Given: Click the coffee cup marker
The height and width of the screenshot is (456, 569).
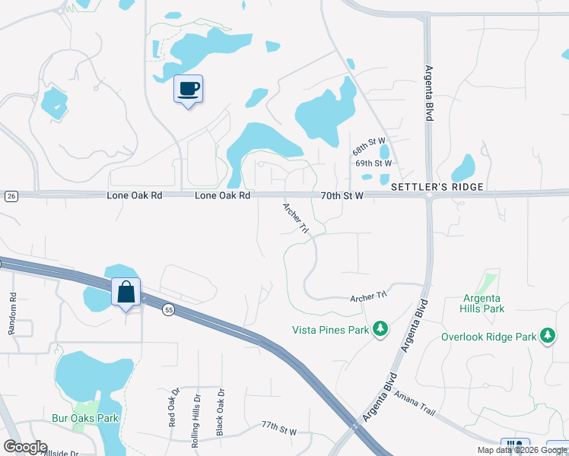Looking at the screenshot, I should [188, 90].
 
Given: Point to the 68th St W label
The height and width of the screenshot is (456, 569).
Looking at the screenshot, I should [370, 147].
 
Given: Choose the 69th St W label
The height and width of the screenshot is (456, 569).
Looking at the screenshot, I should [374, 163].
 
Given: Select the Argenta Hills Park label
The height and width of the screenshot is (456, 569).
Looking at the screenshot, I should [482, 304].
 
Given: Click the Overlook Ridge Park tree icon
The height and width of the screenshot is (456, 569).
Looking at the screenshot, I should [547, 336].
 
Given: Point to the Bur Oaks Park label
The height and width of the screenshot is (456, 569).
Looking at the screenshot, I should [85, 418].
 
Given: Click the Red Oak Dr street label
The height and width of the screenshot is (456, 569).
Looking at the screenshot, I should [172, 407].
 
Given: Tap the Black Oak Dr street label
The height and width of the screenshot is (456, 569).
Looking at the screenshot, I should [221, 412].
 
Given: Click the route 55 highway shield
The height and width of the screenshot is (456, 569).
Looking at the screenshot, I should [167, 309].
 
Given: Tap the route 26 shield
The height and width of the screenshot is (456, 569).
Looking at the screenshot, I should [11, 196].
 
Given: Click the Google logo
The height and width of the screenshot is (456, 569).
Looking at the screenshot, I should [25, 447].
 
